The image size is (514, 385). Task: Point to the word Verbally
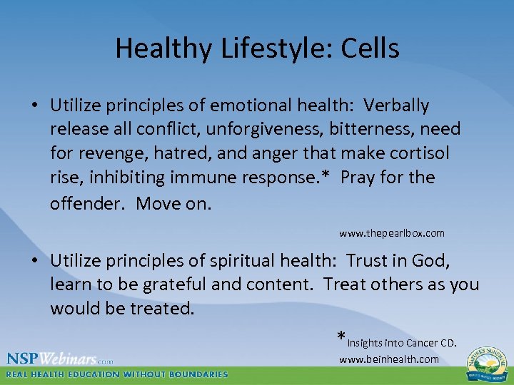(396, 106)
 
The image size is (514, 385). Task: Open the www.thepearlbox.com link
(391, 233)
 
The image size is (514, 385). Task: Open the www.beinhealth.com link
(389, 359)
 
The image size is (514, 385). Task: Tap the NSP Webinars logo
(60, 359)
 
